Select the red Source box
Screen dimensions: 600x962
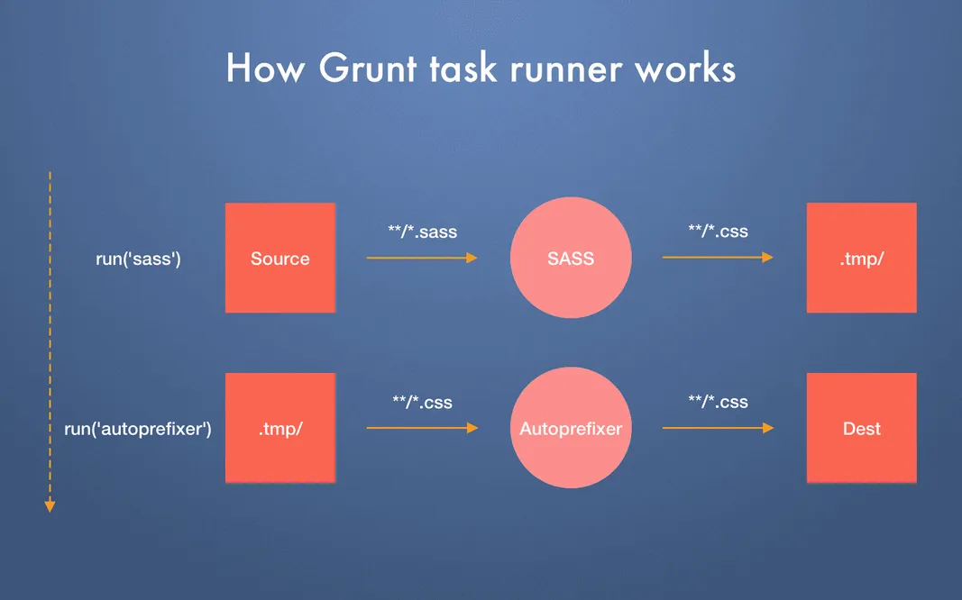pos(279,259)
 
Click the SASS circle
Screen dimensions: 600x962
pos(571,258)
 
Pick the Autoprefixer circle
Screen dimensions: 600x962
pos(571,428)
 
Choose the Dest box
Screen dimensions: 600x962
pos(861,428)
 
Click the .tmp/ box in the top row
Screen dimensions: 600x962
pos(861,259)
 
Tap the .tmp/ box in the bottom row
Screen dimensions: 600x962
pos(279,428)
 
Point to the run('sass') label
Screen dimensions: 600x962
pos(139,259)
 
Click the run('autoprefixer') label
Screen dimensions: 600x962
pos(138,429)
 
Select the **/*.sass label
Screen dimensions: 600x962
pos(423,232)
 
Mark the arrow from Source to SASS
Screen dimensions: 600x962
pos(422,258)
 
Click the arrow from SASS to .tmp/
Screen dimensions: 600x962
pos(718,258)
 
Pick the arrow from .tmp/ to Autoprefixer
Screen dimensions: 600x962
pos(422,428)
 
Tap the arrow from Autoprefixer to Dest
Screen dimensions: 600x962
pos(718,428)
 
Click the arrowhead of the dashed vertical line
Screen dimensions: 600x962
pos(50,506)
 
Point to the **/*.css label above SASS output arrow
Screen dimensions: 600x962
pos(718,232)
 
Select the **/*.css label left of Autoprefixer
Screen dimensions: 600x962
pos(422,402)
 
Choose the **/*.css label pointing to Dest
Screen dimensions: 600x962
pos(718,402)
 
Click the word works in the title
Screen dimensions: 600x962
pos(688,69)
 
